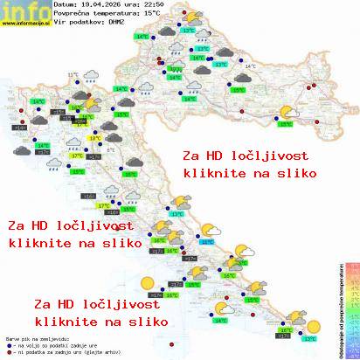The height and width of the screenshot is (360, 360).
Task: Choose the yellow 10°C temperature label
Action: [94, 137]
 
